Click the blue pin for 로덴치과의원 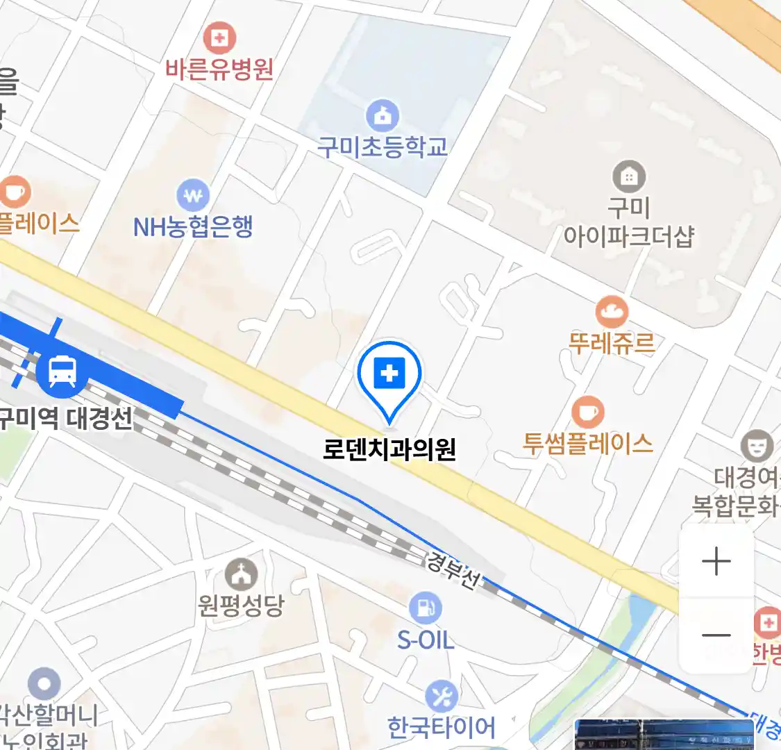coord(389,376)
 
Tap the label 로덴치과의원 coord(389,449)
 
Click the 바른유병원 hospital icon coord(219,37)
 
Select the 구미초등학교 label coord(383,147)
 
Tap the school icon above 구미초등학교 coord(383,115)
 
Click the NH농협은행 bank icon coord(193,196)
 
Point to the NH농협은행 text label coord(193,227)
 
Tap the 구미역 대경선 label coord(66,419)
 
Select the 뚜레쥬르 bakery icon coord(612,312)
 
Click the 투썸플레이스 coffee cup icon coord(587,412)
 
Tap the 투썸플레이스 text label coord(587,443)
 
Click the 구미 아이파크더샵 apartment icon coord(629,177)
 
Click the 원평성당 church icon coord(241,574)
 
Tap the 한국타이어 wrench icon coord(442,696)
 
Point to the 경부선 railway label coord(452,570)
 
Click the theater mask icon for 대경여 coord(756,445)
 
